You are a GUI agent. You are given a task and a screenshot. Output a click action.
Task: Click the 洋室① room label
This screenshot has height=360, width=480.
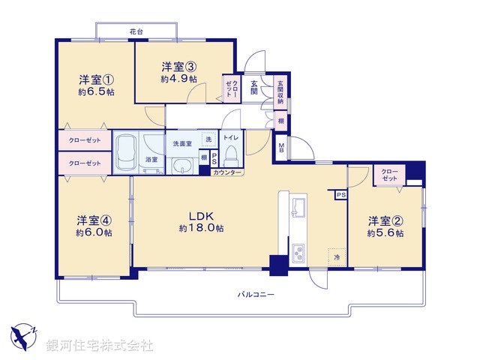[x=97, y=79]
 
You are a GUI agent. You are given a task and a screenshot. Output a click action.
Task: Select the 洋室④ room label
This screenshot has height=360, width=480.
[x=94, y=220]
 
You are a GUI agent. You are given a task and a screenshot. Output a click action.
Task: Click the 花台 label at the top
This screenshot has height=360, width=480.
[x=136, y=31]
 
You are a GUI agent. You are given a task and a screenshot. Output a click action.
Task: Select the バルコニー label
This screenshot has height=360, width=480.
[x=256, y=294]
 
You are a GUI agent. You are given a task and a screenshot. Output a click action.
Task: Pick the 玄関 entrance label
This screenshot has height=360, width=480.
[x=255, y=88]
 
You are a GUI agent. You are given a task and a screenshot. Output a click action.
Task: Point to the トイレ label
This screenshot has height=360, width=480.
[x=230, y=138]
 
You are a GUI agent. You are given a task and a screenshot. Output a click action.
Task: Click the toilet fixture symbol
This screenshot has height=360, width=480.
[x=231, y=158]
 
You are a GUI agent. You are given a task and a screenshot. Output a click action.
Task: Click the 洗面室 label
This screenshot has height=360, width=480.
[x=183, y=143]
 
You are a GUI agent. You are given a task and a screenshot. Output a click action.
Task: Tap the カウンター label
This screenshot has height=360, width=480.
[x=227, y=172]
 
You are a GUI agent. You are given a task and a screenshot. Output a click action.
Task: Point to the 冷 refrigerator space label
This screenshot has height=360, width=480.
[x=337, y=257]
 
